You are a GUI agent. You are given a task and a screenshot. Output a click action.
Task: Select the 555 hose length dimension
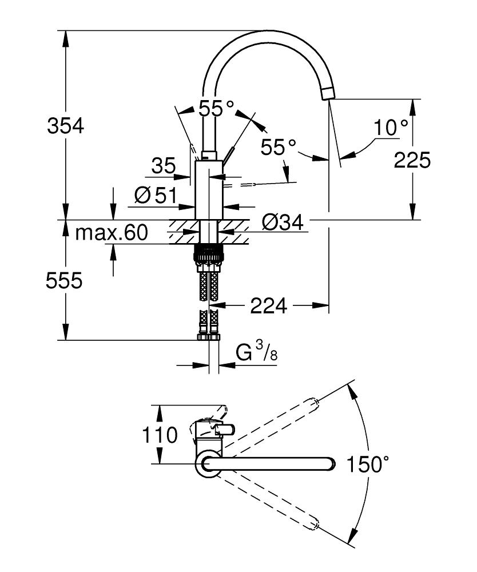click(x=65, y=280)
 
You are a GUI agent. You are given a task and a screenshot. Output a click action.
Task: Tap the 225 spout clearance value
click(x=412, y=160)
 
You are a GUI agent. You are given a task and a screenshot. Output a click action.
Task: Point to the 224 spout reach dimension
click(x=268, y=307)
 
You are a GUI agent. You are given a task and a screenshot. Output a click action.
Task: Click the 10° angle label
click(x=391, y=127)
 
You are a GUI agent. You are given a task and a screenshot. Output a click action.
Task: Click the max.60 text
click(x=112, y=233)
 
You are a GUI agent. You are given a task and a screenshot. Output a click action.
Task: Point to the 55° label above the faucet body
click(x=216, y=108)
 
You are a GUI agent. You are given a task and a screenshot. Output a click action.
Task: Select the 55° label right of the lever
click(x=279, y=147)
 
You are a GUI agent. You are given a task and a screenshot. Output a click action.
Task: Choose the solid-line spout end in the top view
click(x=327, y=463)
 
